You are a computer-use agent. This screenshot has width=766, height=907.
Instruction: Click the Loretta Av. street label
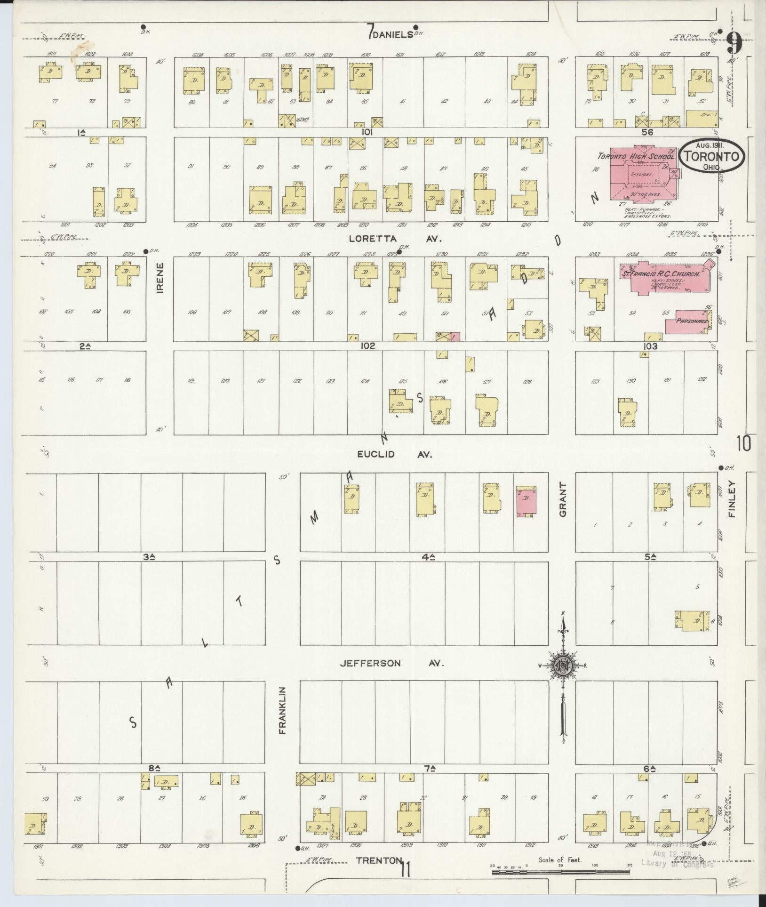(x=395, y=239)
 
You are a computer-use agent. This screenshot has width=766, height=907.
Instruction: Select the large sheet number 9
(x=734, y=43)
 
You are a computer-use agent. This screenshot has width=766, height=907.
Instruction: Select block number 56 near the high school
(x=647, y=132)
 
